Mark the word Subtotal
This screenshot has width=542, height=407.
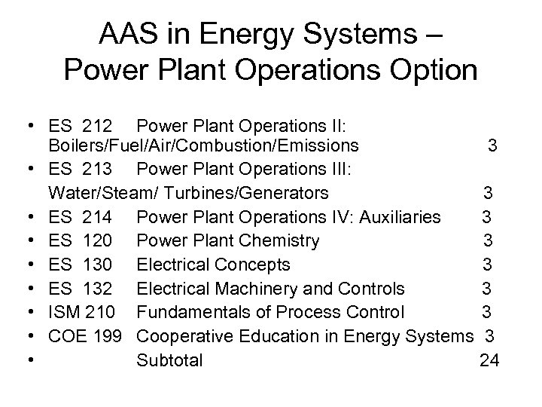tap(170, 360)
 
